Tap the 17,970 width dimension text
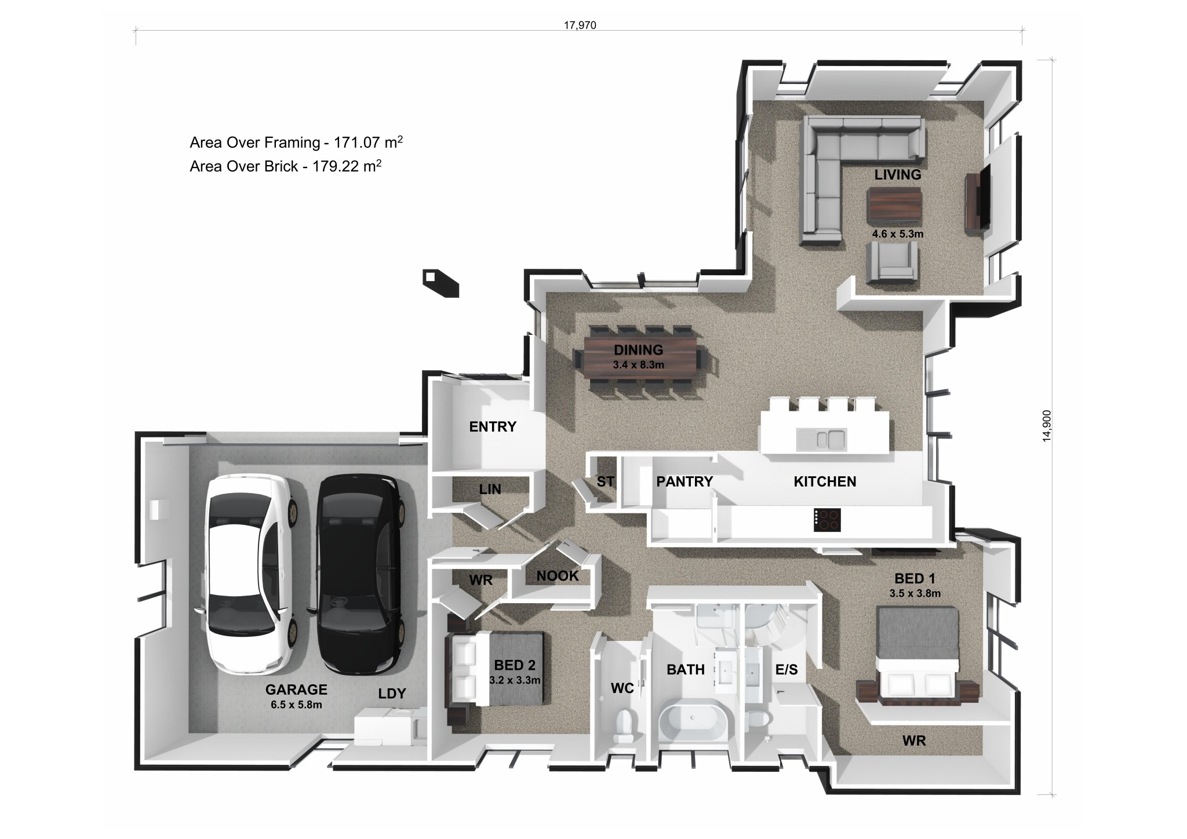coord(580,25)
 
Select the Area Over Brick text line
coord(285,166)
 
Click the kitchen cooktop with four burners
coord(827,520)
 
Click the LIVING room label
coord(897,174)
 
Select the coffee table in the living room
coord(894,205)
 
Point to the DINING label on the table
coord(638,350)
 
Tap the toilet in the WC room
coord(624,726)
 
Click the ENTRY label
coord(493,427)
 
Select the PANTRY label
coord(684,481)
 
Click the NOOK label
coord(558,576)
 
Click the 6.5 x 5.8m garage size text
coord(296,705)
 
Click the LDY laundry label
coord(392,694)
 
